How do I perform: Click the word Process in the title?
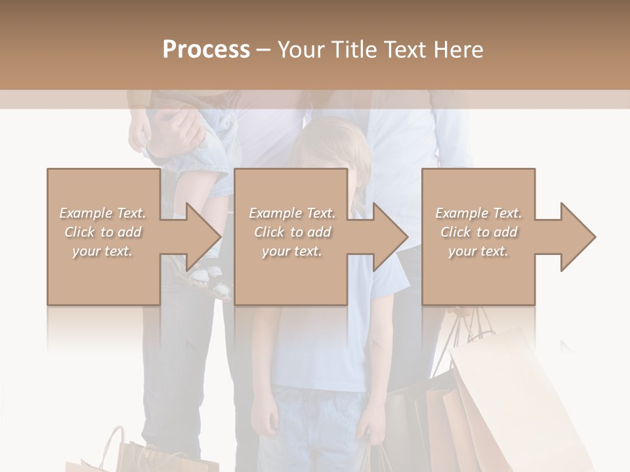[x=206, y=50]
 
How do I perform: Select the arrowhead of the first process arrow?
[x=204, y=237]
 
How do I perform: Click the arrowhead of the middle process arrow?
[x=391, y=237]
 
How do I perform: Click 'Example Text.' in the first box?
[x=102, y=213]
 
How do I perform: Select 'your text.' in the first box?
[x=102, y=251]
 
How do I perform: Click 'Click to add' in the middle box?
[x=292, y=232]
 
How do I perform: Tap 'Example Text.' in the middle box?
[x=292, y=213]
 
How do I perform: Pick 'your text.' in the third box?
[x=478, y=251]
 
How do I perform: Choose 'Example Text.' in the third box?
[x=478, y=213]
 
